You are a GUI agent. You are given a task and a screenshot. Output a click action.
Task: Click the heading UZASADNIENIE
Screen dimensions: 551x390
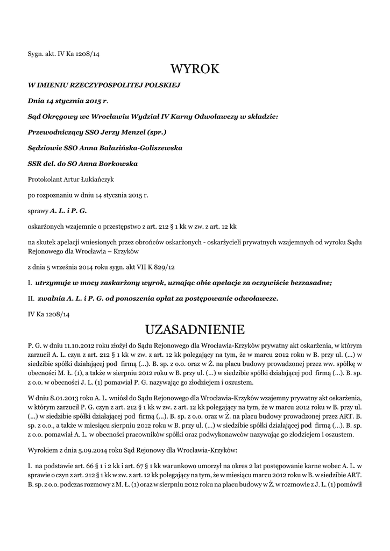click(x=195, y=329)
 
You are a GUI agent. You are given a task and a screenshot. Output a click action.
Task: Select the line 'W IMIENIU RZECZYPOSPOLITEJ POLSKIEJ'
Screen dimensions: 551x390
click(x=104, y=85)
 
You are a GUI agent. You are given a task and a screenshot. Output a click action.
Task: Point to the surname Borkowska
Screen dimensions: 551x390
click(x=116, y=163)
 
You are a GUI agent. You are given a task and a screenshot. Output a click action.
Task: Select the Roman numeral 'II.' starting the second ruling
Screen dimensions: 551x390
click(x=31, y=298)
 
